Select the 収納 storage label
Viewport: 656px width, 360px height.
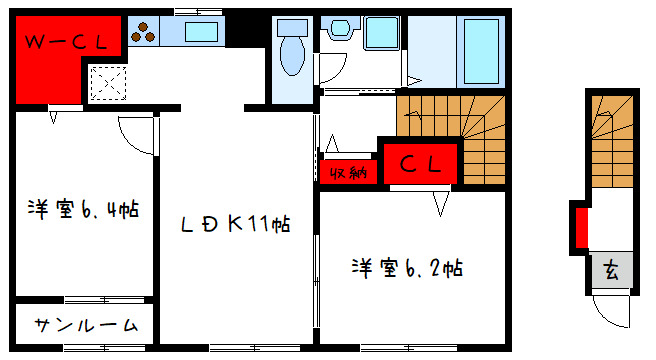point(346,171)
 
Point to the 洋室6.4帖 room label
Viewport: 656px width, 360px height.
point(83,210)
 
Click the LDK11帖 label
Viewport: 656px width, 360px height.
point(235,225)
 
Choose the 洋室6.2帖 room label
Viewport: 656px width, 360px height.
point(406,267)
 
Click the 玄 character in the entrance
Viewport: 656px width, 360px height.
point(610,270)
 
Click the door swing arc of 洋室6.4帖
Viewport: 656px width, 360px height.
point(137,132)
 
